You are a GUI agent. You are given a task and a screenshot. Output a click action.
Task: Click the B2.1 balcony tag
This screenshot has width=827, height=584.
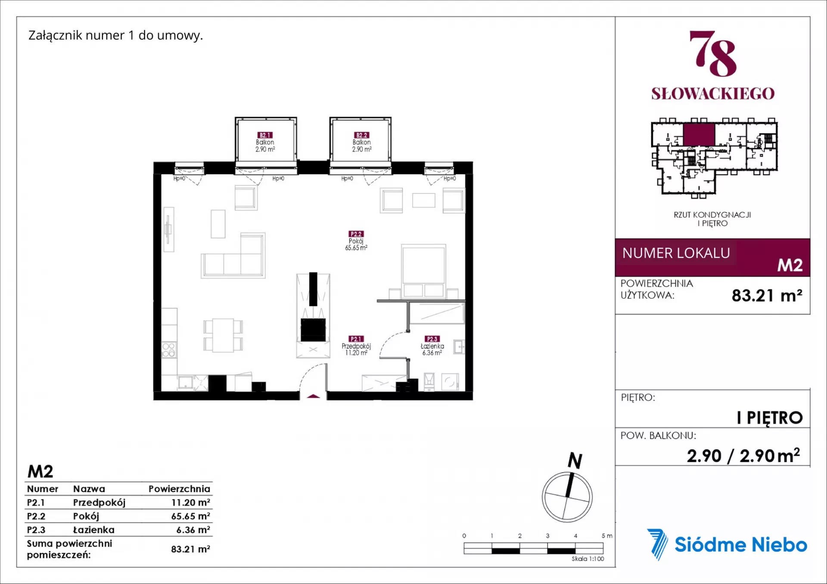click(265, 135)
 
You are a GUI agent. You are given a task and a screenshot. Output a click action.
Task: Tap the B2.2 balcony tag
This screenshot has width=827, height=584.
click(361, 135)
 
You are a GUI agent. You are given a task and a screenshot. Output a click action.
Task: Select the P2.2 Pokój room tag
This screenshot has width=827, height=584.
click(356, 234)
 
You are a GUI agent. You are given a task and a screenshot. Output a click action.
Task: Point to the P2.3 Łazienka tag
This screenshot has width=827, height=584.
click(432, 339)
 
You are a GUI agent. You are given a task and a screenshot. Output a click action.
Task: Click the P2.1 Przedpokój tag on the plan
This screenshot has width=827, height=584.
click(356, 339)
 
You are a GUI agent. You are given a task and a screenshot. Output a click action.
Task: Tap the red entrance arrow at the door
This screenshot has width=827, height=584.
click(313, 396)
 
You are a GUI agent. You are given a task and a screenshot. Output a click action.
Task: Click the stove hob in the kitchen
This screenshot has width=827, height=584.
click(168, 350)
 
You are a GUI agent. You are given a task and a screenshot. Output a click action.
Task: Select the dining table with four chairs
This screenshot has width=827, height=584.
click(223, 335)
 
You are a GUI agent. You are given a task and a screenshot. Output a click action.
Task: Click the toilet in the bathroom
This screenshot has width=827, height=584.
click(429, 381)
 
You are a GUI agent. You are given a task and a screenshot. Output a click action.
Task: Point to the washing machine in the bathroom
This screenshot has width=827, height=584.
click(450, 382)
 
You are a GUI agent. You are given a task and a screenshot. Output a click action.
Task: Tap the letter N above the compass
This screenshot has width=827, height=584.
click(575, 460)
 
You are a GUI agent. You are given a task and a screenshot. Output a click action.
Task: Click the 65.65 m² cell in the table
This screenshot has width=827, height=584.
click(190, 516)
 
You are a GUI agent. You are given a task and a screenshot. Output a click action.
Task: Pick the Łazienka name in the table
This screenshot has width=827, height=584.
click(94, 530)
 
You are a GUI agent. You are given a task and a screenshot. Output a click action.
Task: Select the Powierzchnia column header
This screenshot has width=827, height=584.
click(179, 489)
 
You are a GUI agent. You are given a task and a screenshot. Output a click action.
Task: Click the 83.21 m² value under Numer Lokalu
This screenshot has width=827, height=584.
click(767, 295)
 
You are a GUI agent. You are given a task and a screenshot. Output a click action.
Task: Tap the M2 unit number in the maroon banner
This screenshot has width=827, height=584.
click(790, 265)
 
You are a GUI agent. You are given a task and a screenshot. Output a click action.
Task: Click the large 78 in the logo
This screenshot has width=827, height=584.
click(713, 53)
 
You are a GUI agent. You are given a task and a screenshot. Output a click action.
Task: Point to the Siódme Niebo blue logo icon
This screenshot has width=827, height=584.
click(657, 544)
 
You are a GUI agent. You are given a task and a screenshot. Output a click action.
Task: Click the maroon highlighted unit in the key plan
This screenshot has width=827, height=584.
click(699, 134)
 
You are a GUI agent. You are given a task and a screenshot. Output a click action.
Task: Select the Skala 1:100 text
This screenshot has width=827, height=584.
click(588, 559)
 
